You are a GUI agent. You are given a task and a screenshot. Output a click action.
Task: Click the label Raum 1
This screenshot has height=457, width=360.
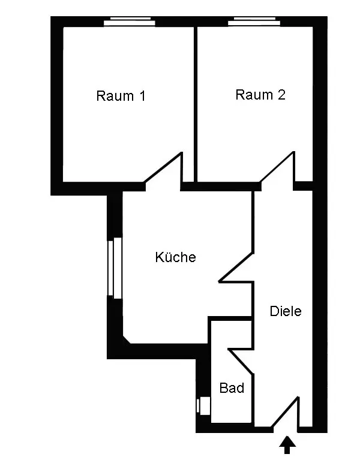click(x=121, y=96)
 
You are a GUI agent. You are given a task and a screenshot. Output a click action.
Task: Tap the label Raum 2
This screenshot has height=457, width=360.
click(x=260, y=95)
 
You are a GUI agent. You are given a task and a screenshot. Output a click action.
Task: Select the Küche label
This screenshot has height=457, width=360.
click(x=176, y=257)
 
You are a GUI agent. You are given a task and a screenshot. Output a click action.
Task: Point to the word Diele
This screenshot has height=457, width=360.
click(x=285, y=311)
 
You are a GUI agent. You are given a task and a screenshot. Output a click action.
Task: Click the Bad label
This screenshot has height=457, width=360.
click(x=232, y=388)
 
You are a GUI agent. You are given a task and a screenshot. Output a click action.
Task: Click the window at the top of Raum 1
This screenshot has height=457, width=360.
click(x=130, y=22)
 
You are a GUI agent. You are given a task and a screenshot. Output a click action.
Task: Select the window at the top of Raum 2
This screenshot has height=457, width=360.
click(x=254, y=22)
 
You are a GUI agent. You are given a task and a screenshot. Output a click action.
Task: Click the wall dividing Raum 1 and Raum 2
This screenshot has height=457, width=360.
click(x=196, y=102)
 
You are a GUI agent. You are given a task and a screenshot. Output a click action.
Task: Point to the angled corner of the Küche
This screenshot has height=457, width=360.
click(x=126, y=340)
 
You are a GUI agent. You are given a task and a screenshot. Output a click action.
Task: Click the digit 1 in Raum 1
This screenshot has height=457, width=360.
click(x=142, y=96)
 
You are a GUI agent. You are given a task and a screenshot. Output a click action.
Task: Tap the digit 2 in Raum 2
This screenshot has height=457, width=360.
click(x=281, y=95)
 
